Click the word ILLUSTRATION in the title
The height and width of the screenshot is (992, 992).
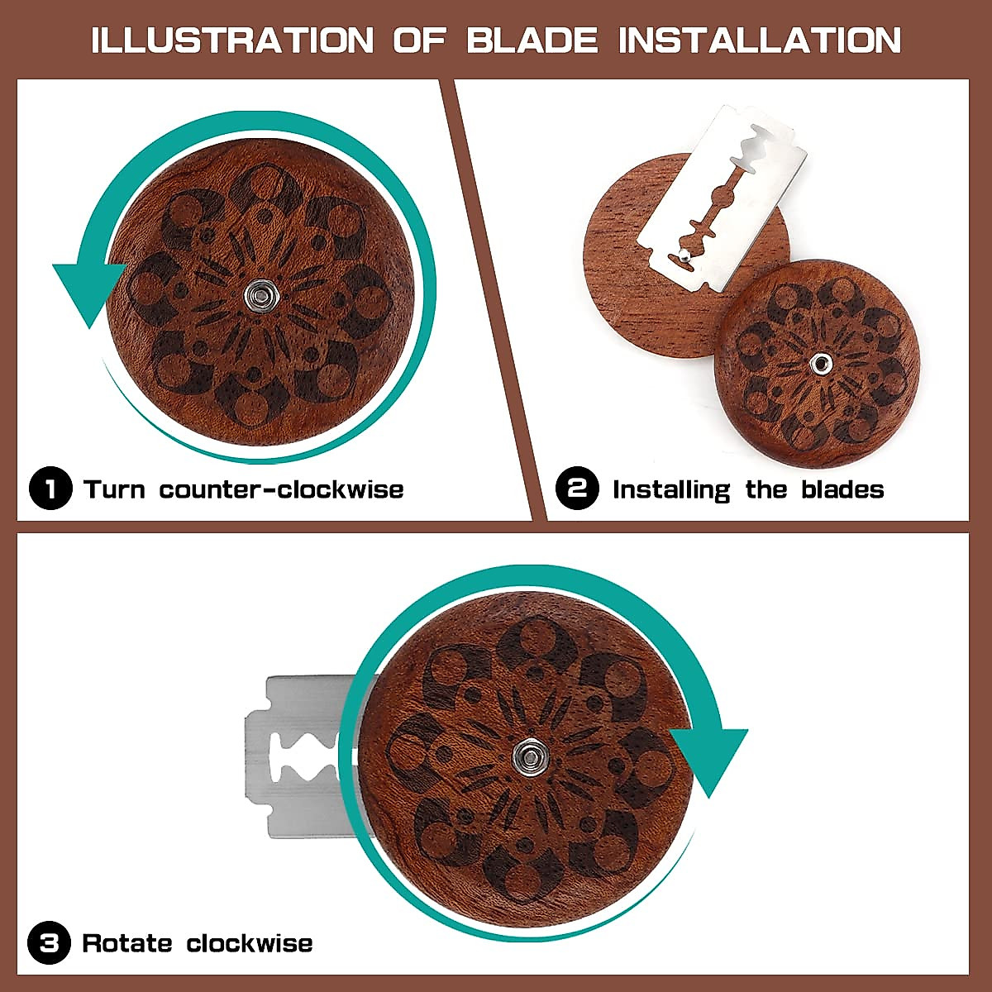tap(232, 40)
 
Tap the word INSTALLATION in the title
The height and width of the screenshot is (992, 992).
tap(760, 40)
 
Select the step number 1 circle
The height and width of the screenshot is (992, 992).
tap(50, 489)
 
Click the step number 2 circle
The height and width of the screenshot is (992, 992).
tap(577, 489)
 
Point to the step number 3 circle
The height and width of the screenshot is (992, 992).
tap(49, 942)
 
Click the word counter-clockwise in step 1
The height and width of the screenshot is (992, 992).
tap(281, 489)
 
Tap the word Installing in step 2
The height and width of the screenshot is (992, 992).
tap(671, 489)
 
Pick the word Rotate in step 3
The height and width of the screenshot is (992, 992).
tap(127, 942)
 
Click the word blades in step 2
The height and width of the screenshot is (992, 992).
tap(842, 489)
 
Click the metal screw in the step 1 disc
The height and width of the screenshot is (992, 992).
tap(263, 293)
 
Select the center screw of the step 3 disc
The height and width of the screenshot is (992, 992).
tap(525, 752)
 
